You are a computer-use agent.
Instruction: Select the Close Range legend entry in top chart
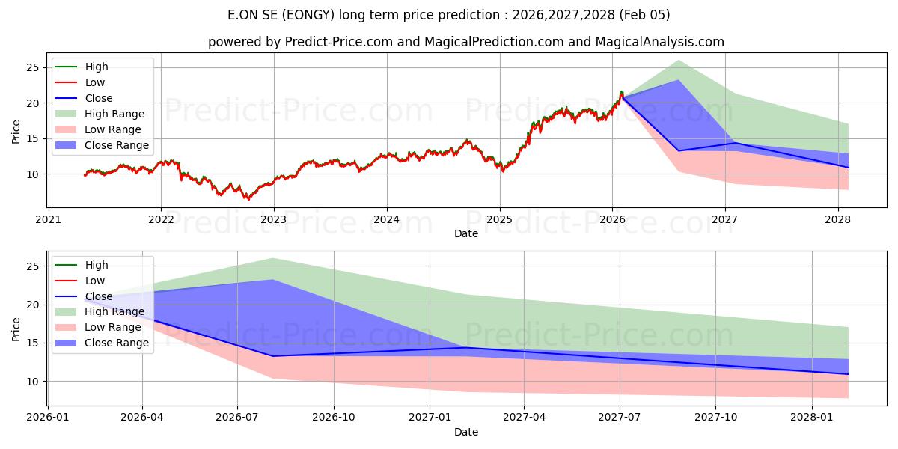tap(116, 145)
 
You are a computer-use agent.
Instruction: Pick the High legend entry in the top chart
tap(97, 67)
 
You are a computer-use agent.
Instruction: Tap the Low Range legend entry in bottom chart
tap(112, 327)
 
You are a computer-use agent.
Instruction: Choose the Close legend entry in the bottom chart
tap(99, 296)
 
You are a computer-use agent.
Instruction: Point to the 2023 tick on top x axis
tap(273, 219)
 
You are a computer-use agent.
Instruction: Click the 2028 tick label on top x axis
tap(837, 219)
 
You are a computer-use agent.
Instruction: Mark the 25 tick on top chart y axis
tap(33, 67)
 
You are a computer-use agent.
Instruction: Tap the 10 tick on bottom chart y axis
tap(33, 381)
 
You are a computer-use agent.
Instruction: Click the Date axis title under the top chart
tap(465, 234)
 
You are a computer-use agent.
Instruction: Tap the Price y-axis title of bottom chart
tap(16, 329)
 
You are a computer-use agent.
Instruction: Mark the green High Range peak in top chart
tap(678, 61)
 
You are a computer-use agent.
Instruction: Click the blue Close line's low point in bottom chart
tap(272, 355)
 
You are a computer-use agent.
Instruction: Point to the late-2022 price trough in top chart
tap(248, 199)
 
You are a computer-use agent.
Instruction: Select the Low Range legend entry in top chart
tap(112, 129)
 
